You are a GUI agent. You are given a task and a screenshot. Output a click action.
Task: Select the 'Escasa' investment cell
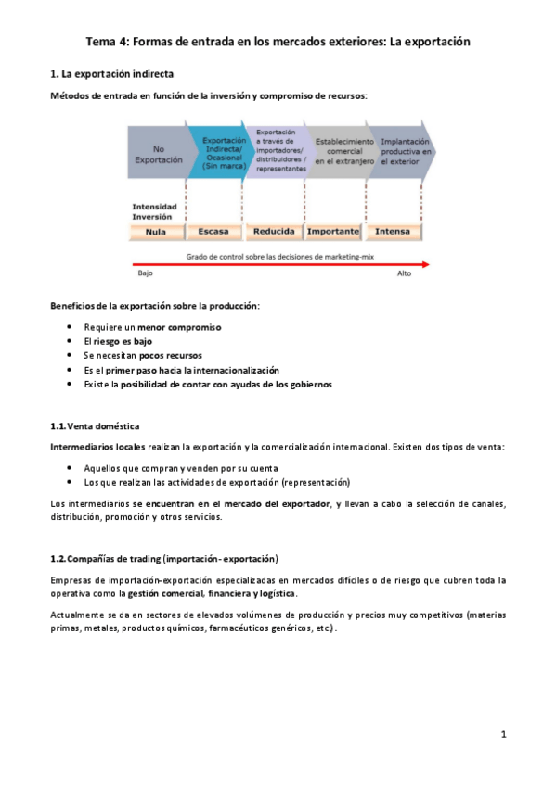point(214,231)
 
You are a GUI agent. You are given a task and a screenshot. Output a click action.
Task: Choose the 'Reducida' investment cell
point(274,231)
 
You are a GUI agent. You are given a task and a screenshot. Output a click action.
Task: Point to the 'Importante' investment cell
point(333,231)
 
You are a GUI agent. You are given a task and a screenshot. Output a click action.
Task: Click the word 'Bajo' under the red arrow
point(145,274)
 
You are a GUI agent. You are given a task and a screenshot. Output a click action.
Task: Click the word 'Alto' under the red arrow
point(405,274)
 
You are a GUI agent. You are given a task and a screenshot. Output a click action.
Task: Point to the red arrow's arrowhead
point(425,264)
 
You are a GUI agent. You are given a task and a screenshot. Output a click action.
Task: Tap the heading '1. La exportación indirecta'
point(110,73)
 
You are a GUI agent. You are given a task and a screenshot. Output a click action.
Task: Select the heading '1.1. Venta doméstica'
point(95,426)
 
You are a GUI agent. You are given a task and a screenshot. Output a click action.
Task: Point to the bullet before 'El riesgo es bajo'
point(71,341)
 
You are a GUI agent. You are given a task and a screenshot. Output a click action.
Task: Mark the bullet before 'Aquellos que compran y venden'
point(71,468)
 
